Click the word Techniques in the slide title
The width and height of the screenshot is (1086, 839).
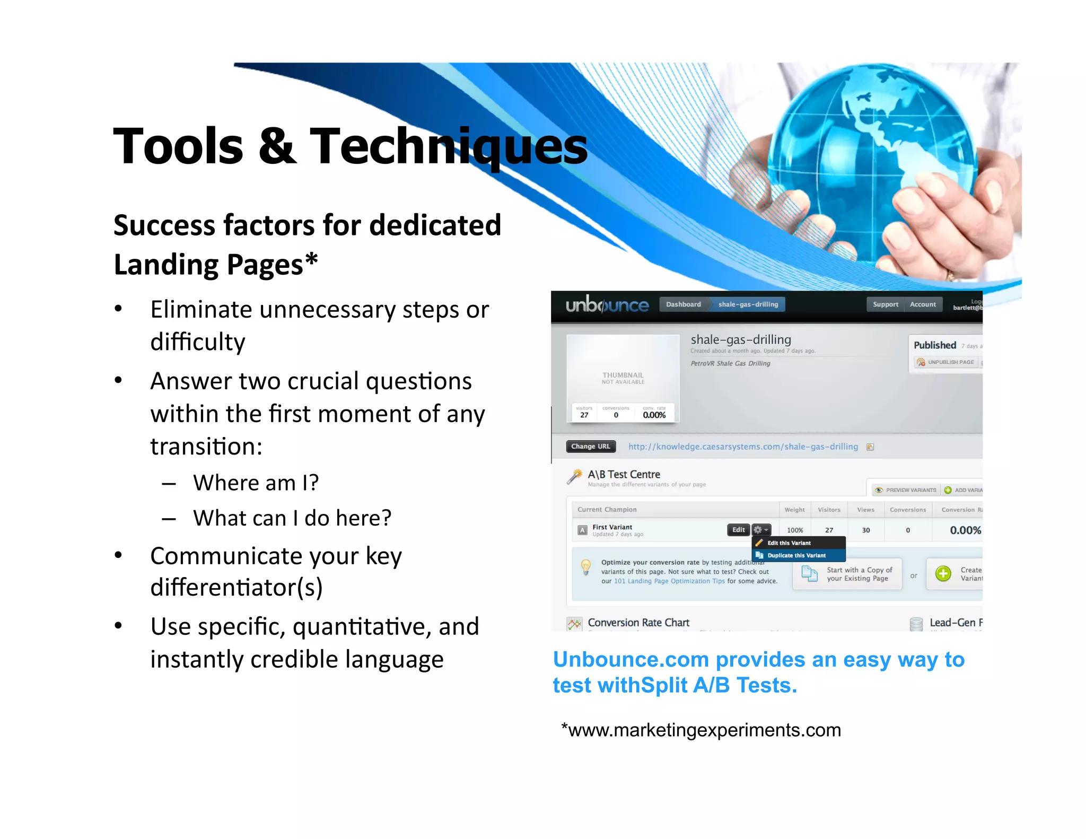tap(448, 147)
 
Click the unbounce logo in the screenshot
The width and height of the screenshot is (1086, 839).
tap(607, 305)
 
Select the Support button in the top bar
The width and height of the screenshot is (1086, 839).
tap(885, 304)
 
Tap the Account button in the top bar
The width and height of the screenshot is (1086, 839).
tap(923, 304)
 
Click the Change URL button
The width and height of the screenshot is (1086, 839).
tap(591, 447)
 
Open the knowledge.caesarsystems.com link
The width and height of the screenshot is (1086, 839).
tap(742, 447)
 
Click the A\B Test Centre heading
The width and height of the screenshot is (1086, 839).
tap(624, 474)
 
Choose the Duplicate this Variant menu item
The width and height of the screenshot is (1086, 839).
tap(796, 555)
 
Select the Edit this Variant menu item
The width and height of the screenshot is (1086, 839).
tap(789, 543)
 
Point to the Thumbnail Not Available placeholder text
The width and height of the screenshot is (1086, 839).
tap(623, 378)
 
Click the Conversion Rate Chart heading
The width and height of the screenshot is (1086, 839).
tap(638, 623)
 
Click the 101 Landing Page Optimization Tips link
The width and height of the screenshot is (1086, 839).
tap(669, 581)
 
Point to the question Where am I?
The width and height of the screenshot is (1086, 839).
tap(256, 483)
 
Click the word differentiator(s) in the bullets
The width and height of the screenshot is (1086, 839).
tap(237, 588)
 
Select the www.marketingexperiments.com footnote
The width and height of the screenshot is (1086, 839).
tap(701, 730)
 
